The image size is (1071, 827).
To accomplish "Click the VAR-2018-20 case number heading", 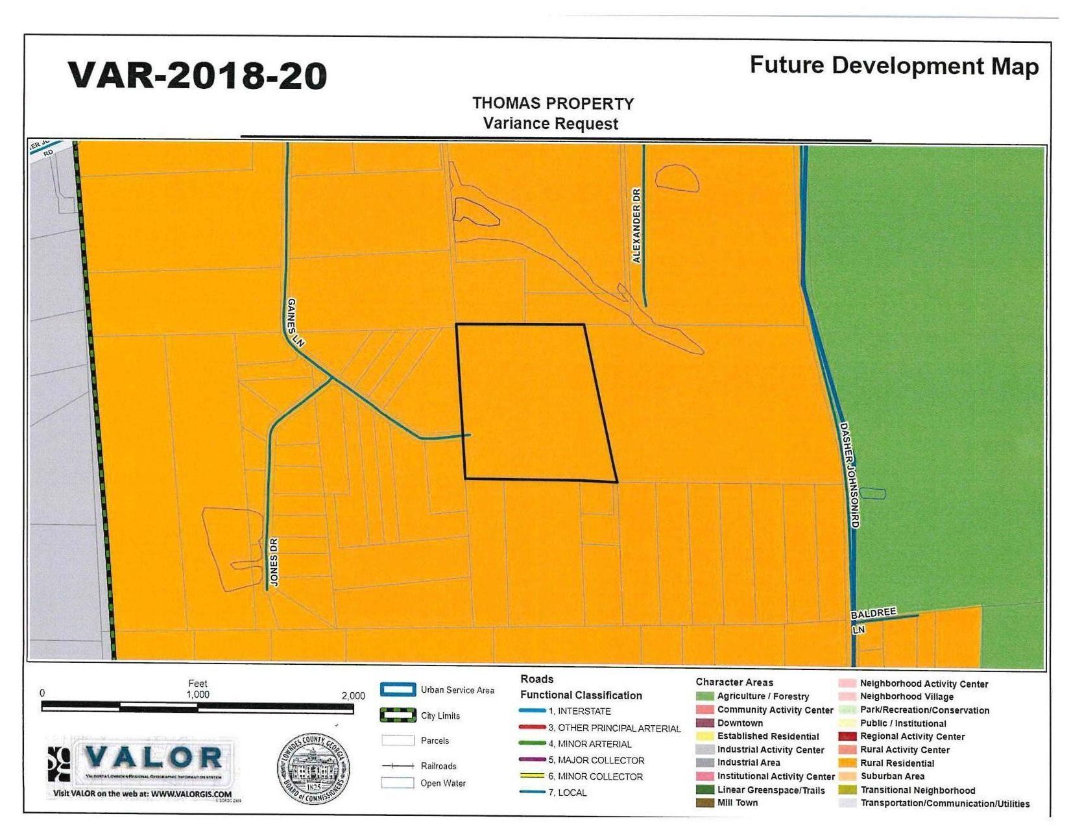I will (197, 76).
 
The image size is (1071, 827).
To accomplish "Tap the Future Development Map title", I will (893, 66).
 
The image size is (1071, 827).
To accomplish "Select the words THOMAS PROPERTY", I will (553, 104).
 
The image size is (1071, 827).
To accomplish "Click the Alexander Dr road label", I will (636, 226).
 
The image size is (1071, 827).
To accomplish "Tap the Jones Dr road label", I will (274, 562).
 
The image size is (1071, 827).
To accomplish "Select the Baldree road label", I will (873, 613).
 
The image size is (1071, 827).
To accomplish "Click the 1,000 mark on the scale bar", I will (198, 694).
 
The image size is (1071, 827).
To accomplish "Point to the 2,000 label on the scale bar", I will (353, 696).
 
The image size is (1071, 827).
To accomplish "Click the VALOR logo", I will (139, 760).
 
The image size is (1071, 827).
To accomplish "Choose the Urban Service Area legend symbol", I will (398, 689).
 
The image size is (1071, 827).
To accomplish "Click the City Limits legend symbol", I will (398, 715).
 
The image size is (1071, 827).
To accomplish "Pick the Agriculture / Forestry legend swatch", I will (704, 697).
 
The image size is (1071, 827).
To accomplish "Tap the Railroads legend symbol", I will (398, 766).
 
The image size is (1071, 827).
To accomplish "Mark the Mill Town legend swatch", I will (704, 803).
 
